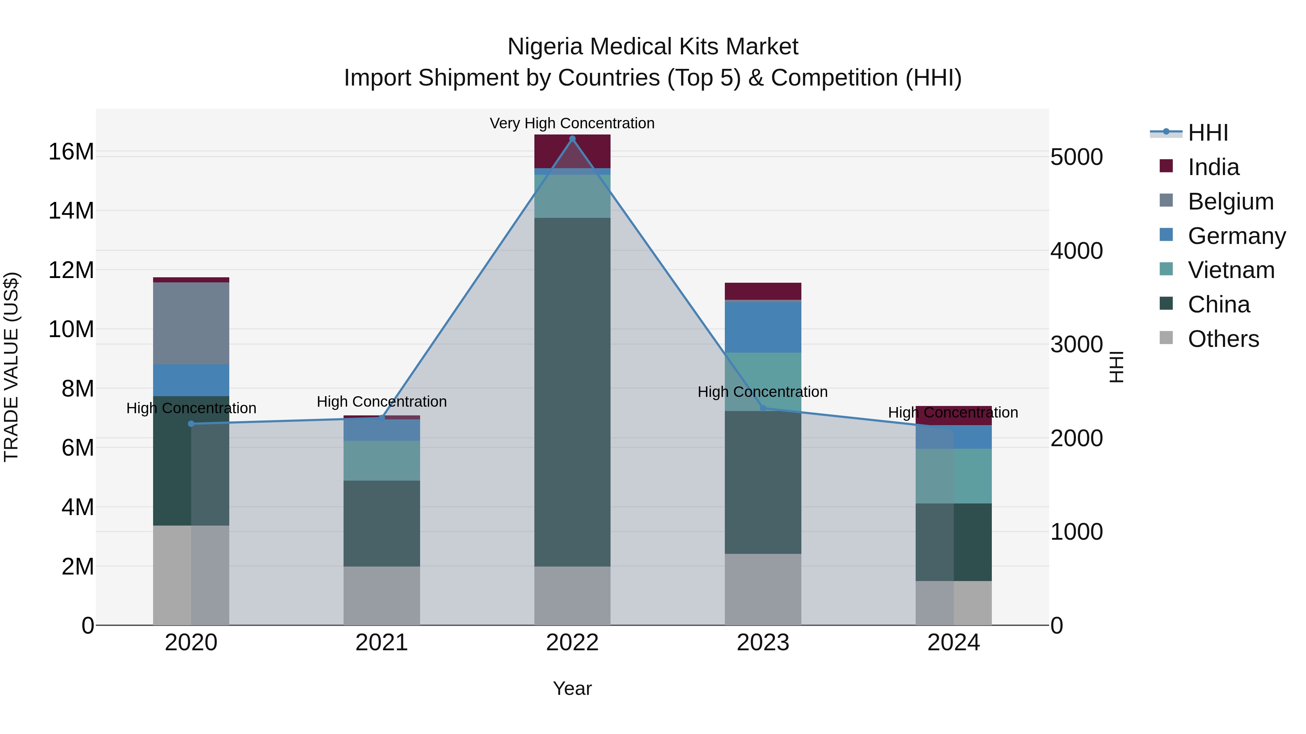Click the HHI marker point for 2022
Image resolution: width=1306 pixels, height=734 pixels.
click(x=572, y=138)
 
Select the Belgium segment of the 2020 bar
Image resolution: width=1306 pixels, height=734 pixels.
click(x=191, y=323)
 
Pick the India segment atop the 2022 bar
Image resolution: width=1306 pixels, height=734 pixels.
click(x=572, y=151)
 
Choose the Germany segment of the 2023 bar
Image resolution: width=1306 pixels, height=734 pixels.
click(x=763, y=327)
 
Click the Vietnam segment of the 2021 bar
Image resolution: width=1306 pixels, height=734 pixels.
click(x=382, y=460)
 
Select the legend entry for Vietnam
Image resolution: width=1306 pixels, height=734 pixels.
click(x=1231, y=270)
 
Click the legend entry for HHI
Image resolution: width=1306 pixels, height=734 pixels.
click(x=1208, y=133)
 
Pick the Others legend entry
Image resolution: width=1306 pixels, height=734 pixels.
click(x=1223, y=339)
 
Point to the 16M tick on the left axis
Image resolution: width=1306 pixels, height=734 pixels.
click(x=71, y=152)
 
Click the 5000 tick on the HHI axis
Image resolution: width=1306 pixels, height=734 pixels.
click(x=1076, y=157)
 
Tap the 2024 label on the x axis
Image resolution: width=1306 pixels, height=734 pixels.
click(x=953, y=643)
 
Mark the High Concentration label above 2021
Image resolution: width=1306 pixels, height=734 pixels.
click(x=382, y=402)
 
